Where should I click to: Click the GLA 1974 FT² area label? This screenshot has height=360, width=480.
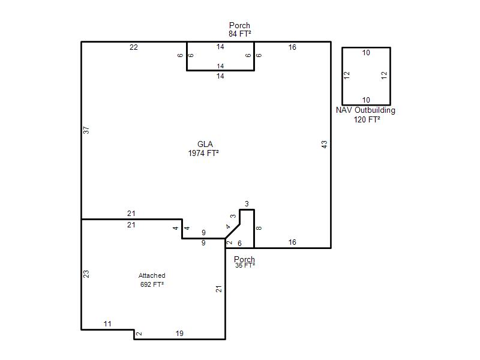203,149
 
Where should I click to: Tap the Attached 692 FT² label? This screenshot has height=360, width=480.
152,280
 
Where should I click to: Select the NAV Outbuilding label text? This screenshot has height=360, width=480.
365,110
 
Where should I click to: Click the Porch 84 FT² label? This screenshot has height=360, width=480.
239,29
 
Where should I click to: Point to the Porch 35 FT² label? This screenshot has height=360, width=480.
245,262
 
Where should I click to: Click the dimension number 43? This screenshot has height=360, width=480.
324,145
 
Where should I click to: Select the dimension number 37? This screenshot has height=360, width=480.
86,130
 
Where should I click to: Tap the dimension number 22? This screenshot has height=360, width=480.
134,47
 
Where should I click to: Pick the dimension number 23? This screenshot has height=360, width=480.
86,274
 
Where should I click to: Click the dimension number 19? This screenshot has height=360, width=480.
179,334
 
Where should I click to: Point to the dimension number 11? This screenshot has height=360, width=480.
107,324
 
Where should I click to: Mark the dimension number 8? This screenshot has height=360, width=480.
259,228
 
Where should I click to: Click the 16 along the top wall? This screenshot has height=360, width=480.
292,47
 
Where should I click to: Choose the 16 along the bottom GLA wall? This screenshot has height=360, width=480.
292,242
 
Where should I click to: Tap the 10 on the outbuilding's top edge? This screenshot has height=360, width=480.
366,53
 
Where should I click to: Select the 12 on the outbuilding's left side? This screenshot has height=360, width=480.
347,76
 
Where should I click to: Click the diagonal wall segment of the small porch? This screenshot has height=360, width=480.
233,231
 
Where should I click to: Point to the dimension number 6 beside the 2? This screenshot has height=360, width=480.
239,244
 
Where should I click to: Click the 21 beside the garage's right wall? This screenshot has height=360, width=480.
218,289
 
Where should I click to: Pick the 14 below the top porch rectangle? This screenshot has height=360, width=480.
220,76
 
